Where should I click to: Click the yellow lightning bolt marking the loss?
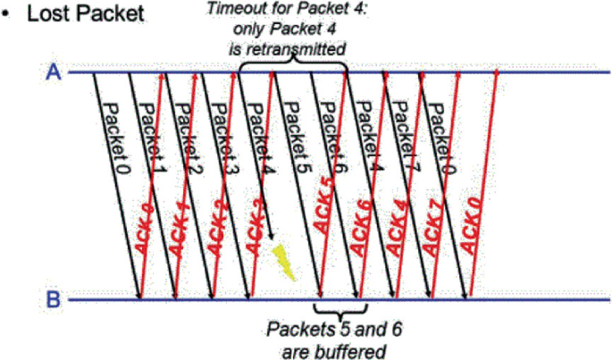click(284, 261)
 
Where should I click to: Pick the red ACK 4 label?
click(398, 234)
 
